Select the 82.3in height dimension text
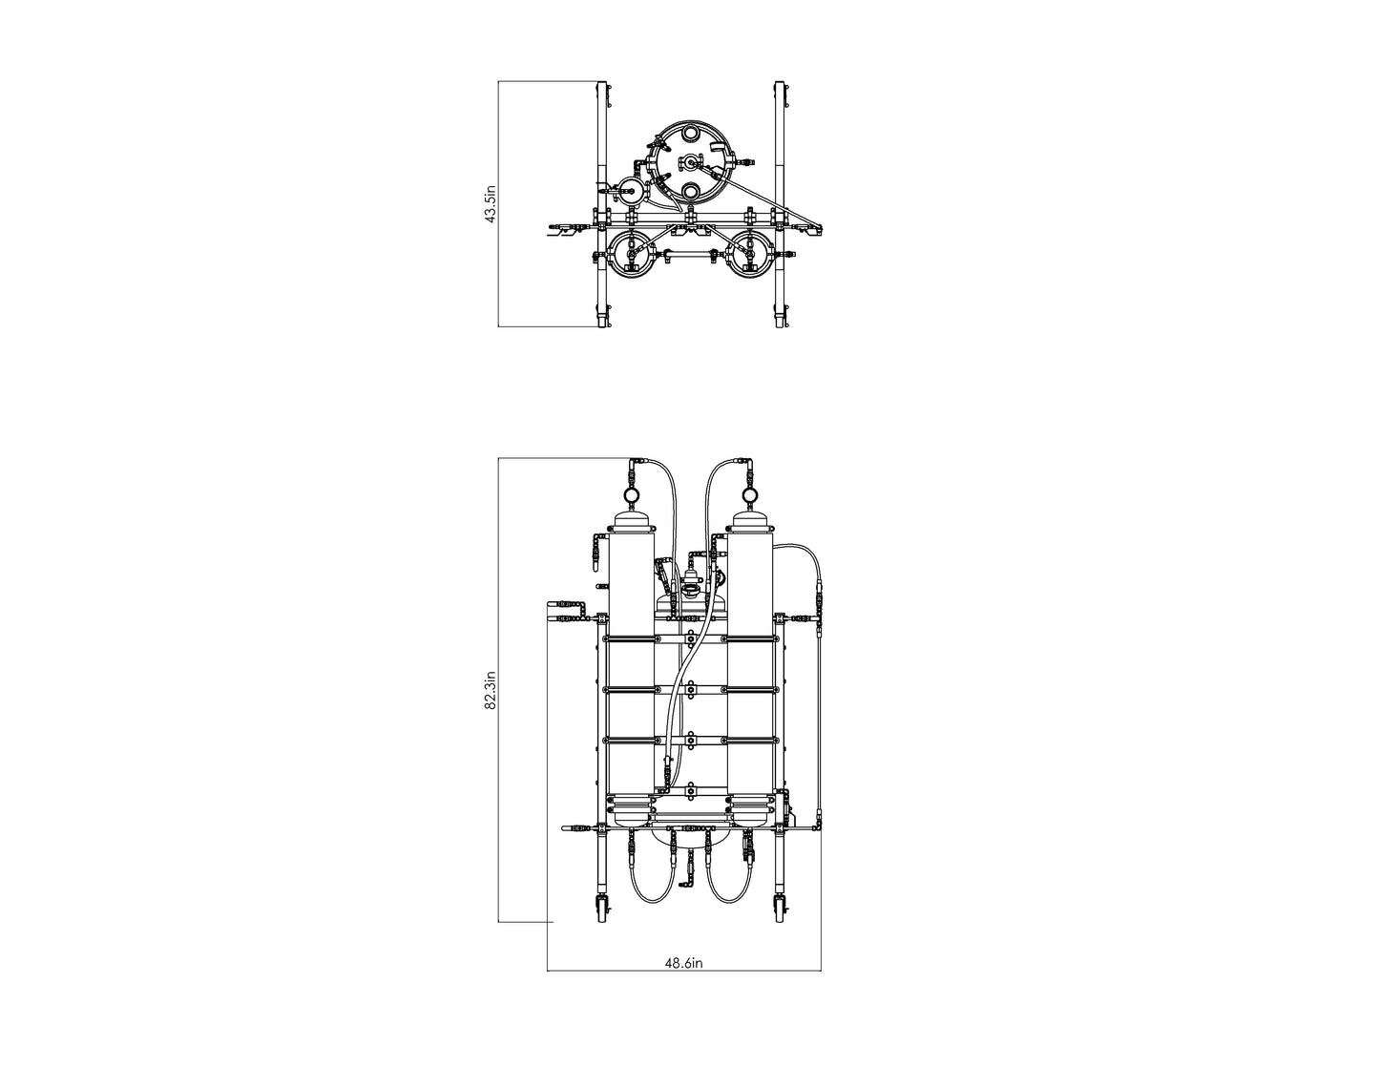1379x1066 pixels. point(491,690)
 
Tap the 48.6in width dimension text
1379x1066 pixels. point(683,963)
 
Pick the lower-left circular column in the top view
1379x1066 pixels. point(629,255)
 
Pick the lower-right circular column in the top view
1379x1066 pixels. point(751,255)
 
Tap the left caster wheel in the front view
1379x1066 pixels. point(602,909)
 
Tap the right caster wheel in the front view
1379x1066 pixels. point(780,909)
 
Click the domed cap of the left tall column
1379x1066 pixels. point(631,521)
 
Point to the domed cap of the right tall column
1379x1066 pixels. point(750,521)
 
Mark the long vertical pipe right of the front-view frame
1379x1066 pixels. point(819,716)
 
